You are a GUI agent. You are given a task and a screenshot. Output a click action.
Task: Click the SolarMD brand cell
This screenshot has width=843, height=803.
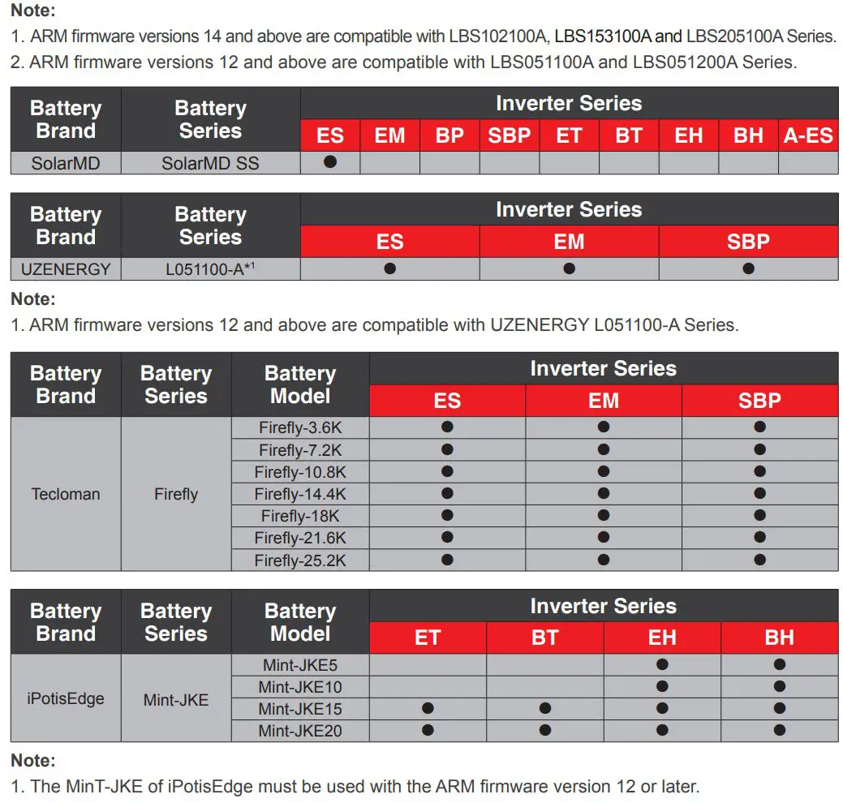(x=66, y=163)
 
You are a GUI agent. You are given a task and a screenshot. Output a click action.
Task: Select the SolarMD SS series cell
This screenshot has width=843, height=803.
(x=210, y=163)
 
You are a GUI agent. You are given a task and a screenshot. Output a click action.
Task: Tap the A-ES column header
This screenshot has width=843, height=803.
(x=808, y=135)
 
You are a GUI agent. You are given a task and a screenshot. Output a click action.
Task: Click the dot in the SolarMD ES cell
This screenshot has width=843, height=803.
(x=330, y=161)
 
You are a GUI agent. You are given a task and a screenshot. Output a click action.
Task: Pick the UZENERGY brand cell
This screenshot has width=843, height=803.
(x=66, y=269)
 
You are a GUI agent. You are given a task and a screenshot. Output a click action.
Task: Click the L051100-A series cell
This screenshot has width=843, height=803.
(x=210, y=269)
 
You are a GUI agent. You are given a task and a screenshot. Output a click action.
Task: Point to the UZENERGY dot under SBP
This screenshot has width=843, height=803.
(x=748, y=268)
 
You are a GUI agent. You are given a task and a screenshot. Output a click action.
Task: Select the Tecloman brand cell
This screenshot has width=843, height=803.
(x=66, y=494)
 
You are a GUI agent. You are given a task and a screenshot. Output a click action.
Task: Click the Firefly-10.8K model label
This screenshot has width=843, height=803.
(x=300, y=472)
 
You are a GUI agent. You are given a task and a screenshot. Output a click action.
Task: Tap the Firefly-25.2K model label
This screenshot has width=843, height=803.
(x=300, y=560)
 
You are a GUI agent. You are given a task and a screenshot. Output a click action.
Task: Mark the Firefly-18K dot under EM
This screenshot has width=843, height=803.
(x=604, y=515)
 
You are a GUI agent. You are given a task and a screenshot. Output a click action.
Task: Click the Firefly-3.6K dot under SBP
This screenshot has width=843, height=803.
(x=759, y=427)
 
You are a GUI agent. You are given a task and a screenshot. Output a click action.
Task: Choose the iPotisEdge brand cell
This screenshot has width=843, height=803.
(x=66, y=698)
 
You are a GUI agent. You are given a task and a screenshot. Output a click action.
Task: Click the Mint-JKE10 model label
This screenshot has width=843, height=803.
(x=300, y=687)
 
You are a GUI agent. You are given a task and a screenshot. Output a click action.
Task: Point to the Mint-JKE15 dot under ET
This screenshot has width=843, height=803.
(x=428, y=708)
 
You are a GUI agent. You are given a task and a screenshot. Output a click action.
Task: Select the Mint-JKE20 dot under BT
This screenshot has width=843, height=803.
(x=545, y=730)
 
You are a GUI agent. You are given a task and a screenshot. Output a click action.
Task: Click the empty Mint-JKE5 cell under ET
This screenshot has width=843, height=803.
(x=428, y=665)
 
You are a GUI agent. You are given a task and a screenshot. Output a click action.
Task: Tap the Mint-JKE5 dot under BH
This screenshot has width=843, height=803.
(x=779, y=664)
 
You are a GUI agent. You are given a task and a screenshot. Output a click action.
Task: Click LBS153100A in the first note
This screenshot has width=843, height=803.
(x=603, y=36)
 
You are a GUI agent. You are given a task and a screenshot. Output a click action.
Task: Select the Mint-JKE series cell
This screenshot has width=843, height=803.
(x=176, y=698)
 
